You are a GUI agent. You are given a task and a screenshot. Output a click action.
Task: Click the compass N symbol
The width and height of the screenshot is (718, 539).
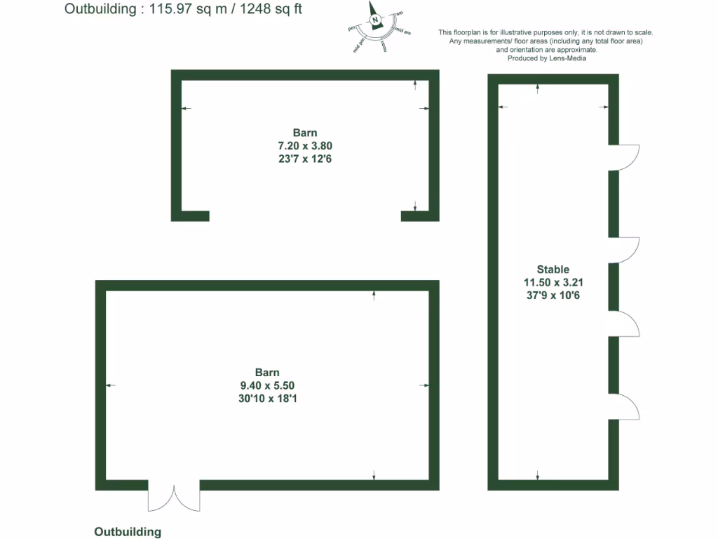(x=375, y=20)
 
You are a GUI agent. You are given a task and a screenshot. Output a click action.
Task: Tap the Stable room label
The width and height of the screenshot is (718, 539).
(x=553, y=269)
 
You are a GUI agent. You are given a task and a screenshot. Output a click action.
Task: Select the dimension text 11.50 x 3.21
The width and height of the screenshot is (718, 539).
(x=553, y=282)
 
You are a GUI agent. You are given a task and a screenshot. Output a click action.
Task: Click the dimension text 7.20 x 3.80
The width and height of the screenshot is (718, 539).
(x=305, y=146)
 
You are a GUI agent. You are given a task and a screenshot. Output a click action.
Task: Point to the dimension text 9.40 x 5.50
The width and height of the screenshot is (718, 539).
(x=266, y=385)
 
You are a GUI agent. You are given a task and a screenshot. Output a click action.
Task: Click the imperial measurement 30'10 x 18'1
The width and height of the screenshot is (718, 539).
(x=266, y=399)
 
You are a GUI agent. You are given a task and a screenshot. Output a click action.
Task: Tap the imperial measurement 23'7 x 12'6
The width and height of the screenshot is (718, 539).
(x=305, y=159)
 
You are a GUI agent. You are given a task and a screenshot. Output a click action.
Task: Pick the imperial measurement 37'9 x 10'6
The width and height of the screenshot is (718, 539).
(x=553, y=295)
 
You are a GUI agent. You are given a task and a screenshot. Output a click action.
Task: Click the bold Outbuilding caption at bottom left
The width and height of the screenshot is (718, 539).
(x=128, y=532)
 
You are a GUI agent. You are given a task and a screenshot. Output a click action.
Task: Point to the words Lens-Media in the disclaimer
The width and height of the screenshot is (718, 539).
(x=569, y=58)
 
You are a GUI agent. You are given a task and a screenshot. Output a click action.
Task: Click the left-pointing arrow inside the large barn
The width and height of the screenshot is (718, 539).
(x=110, y=385)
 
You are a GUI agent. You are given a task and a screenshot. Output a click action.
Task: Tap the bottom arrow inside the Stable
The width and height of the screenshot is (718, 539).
(x=538, y=474)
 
